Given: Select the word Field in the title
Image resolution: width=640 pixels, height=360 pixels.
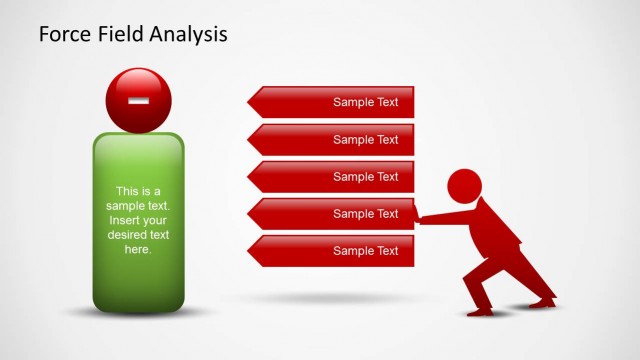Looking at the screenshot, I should [x=120, y=35].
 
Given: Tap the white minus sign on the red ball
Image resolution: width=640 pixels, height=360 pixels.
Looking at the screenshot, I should [x=138, y=100].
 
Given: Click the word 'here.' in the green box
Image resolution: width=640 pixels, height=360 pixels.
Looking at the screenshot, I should [x=138, y=249].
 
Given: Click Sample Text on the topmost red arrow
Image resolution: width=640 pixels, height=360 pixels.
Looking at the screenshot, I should [x=365, y=102].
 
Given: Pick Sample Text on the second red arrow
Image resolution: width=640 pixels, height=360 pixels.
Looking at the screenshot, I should [x=365, y=140].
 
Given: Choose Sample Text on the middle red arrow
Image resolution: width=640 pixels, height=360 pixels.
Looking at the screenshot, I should [x=365, y=177].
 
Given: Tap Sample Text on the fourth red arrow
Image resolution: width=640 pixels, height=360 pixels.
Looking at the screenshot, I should [x=365, y=214].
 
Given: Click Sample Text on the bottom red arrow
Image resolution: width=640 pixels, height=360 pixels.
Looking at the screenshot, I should [x=365, y=251].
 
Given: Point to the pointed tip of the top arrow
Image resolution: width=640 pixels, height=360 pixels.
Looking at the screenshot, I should [x=249, y=102].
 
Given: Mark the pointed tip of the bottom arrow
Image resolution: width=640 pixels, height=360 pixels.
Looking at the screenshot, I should [x=249, y=251].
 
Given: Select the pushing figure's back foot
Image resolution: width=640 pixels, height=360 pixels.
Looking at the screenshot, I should [x=545, y=299].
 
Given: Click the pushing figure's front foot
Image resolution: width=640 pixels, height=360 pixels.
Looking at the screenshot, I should [x=478, y=311].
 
